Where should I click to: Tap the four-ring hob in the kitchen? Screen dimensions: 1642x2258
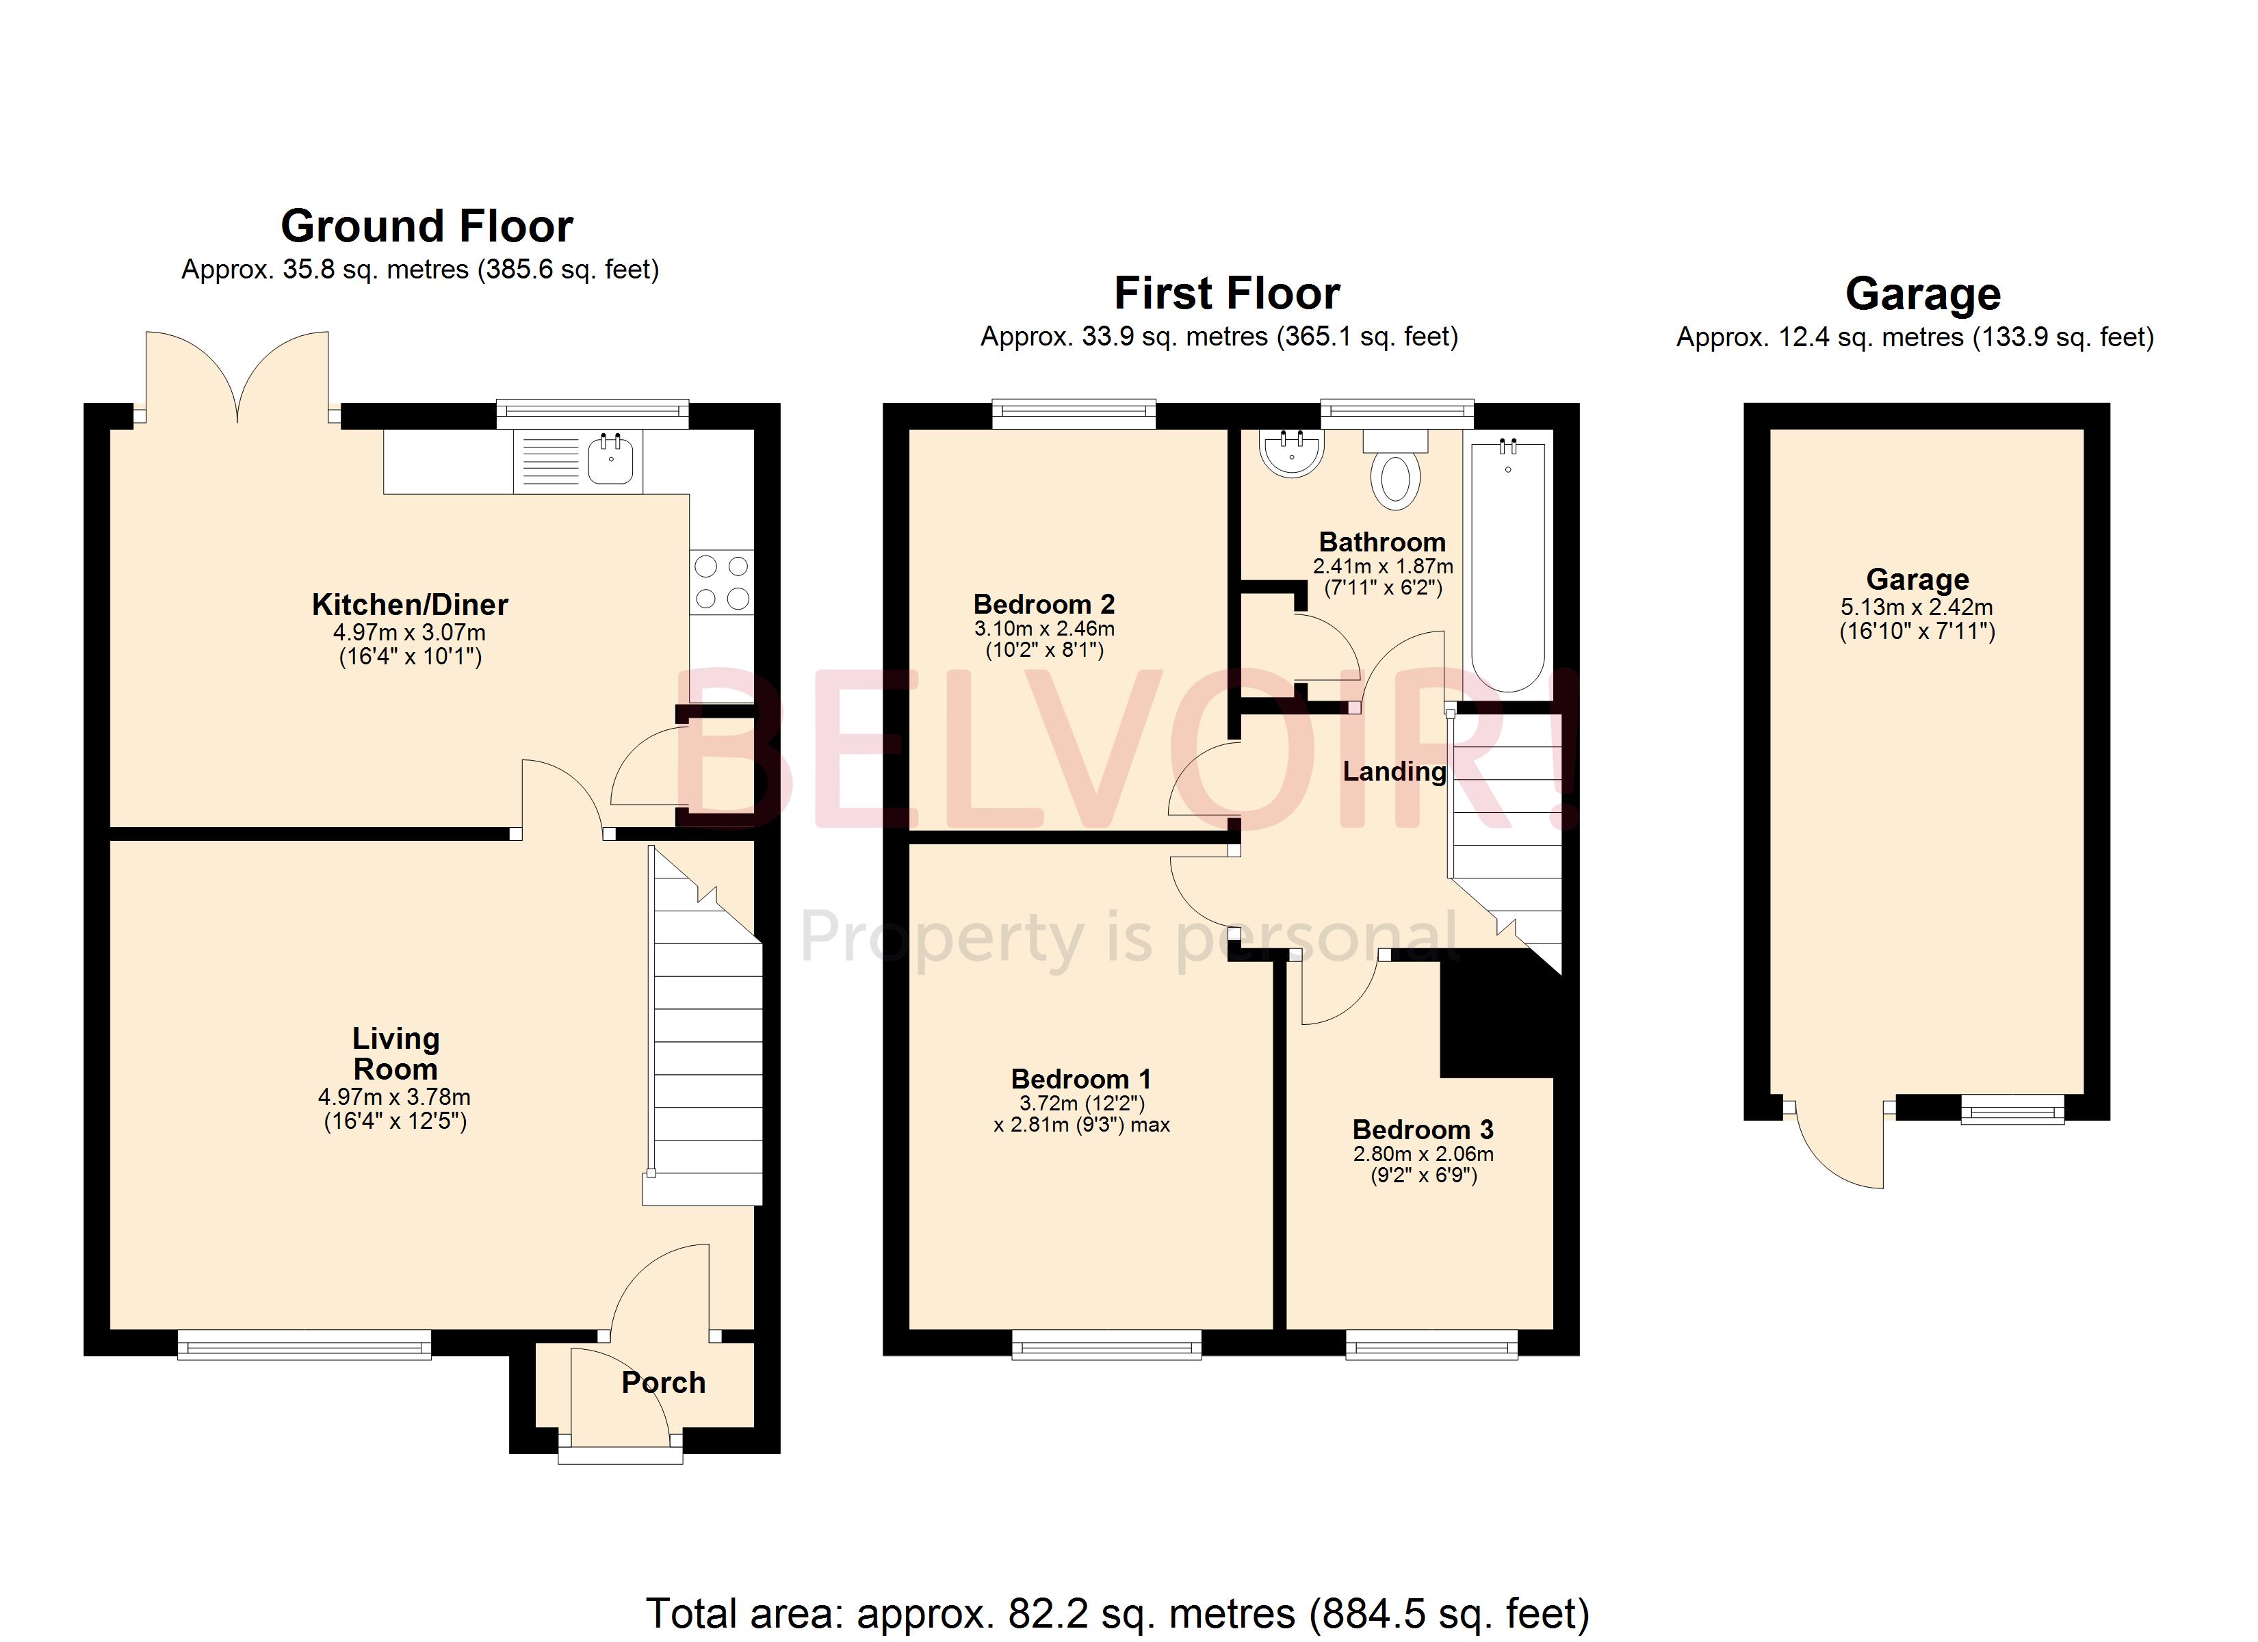(722, 582)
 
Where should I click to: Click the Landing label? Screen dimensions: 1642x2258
(1394, 772)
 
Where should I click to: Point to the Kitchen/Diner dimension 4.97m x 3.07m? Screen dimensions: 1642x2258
(409, 632)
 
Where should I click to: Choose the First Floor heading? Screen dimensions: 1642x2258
(1227, 294)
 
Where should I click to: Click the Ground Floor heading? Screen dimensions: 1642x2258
(427, 226)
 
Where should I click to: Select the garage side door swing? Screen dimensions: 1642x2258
(1838, 1145)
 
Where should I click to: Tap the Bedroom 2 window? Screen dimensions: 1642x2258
(1074, 413)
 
